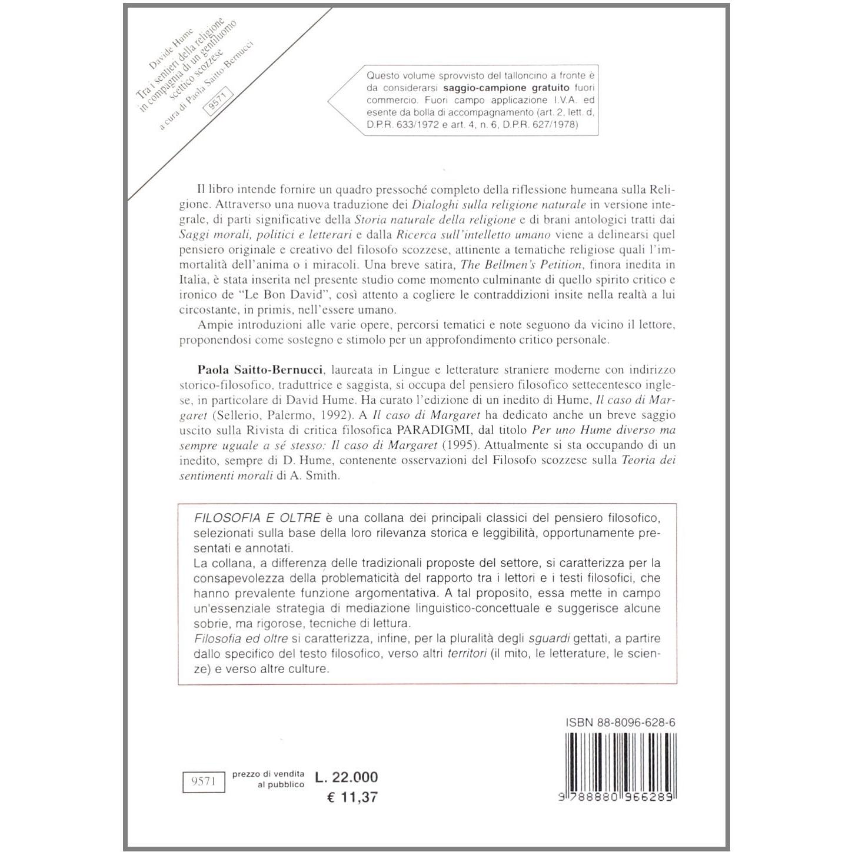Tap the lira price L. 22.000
pyautogui.click(x=347, y=777)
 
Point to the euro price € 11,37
pyautogui.click(x=352, y=797)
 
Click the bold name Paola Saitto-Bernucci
pyautogui.click(x=260, y=370)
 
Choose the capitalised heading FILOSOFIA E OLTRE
pyautogui.click(x=257, y=518)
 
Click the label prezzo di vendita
pyautogui.click(x=268, y=774)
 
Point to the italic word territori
pyautogui.click(x=467, y=654)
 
